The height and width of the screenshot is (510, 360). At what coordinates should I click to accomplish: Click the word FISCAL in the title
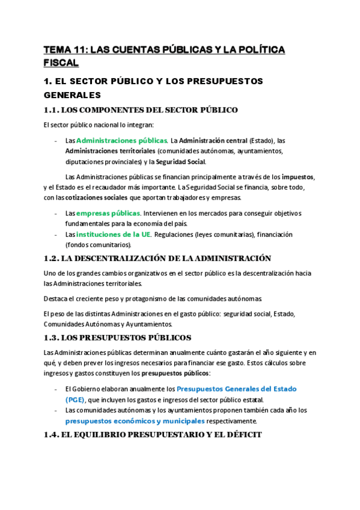(61, 63)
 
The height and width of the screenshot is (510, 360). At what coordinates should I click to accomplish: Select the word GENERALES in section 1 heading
(73, 94)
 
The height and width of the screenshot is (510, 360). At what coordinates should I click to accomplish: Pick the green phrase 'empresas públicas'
(108, 214)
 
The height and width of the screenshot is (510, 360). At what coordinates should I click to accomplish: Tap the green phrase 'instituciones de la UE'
(114, 235)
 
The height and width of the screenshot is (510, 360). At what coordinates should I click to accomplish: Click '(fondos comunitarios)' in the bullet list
(98, 245)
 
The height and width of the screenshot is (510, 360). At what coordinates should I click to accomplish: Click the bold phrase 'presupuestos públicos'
(171, 373)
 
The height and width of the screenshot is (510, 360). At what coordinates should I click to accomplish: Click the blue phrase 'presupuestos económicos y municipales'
(135, 421)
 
